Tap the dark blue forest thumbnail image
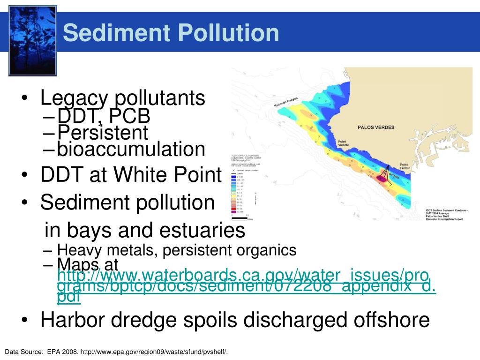pyautogui.click(x=33, y=40)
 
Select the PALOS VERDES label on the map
pyautogui.click(x=375, y=127)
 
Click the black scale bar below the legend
pyautogui.click(x=240, y=218)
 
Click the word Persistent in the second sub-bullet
pyautogui.click(x=103, y=132)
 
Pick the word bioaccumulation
pyautogui.click(x=131, y=150)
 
